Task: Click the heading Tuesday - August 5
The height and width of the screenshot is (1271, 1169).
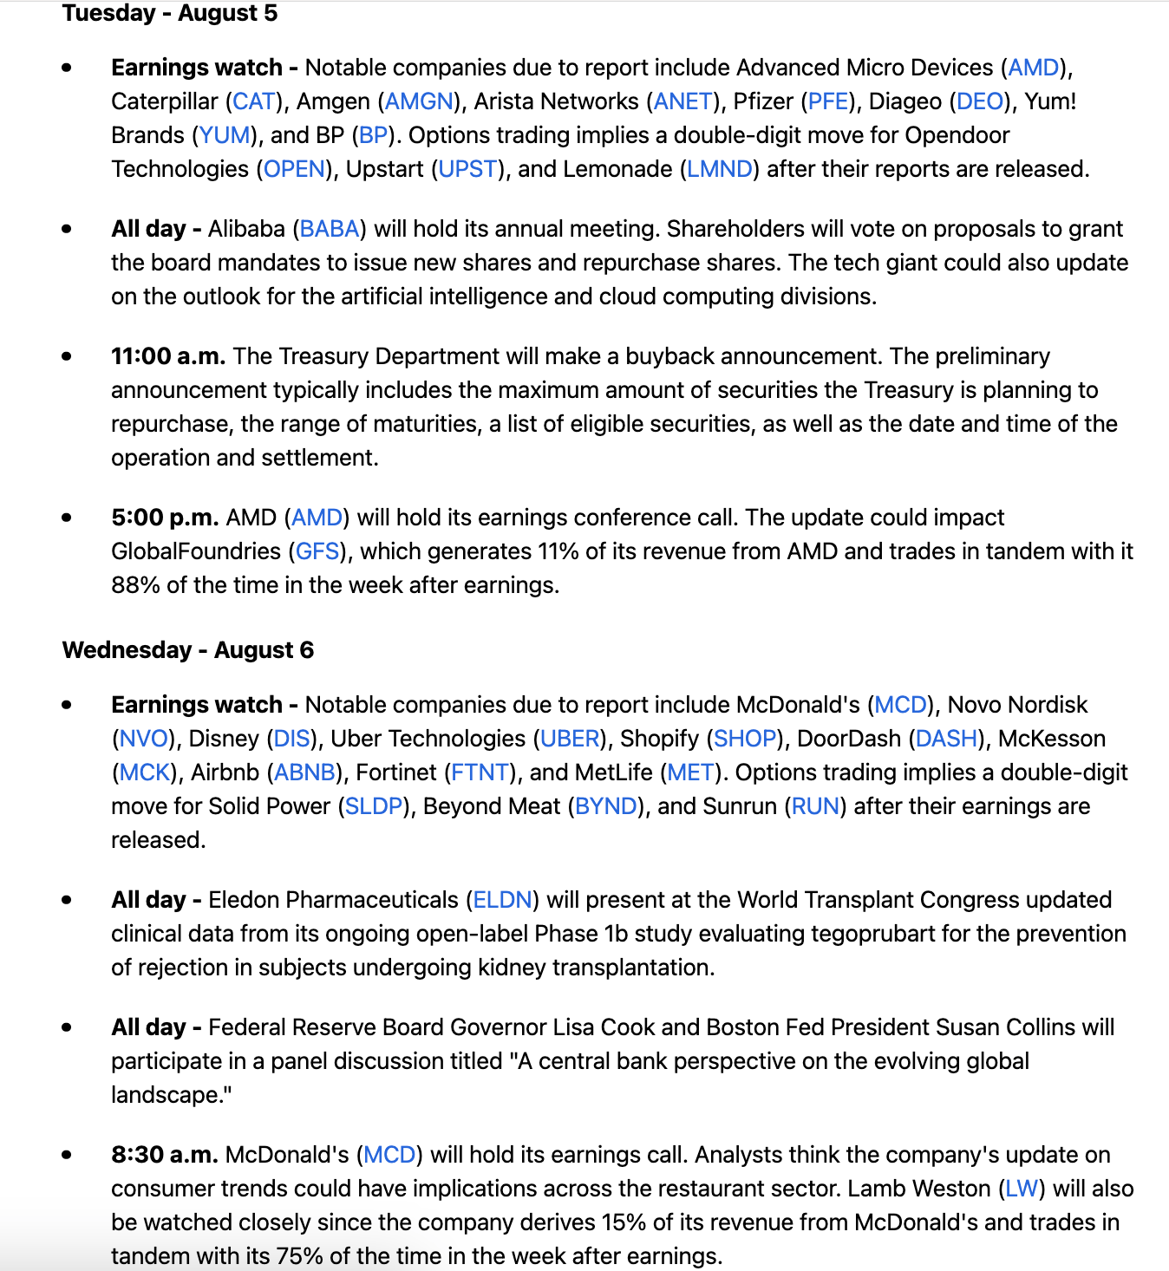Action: (170, 14)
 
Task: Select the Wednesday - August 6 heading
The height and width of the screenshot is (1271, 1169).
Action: (188, 650)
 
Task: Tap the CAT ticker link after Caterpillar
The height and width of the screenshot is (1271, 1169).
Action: (254, 101)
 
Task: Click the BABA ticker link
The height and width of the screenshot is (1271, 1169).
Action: (330, 229)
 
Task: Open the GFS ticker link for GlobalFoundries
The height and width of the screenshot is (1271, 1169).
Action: (317, 551)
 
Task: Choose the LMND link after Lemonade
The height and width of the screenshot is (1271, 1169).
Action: (720, 169)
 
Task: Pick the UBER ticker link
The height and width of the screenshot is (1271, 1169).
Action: (571, 739)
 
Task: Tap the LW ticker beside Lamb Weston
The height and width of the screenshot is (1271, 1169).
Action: (1022, 1189)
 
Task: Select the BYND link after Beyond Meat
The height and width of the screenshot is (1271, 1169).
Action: (606, 806)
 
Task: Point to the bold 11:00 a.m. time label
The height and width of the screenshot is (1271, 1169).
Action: (168, 356)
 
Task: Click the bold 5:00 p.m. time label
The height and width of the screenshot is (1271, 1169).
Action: (165, 518)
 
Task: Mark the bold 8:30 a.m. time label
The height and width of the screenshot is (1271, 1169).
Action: (165, 1155)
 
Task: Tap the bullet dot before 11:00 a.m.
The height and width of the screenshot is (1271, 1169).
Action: (67, 356)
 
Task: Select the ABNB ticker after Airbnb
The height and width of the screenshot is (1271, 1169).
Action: (304, 772)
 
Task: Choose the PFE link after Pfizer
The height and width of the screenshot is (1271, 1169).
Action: (828, 101)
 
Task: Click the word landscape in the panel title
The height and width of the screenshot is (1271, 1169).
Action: (167, 1095)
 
